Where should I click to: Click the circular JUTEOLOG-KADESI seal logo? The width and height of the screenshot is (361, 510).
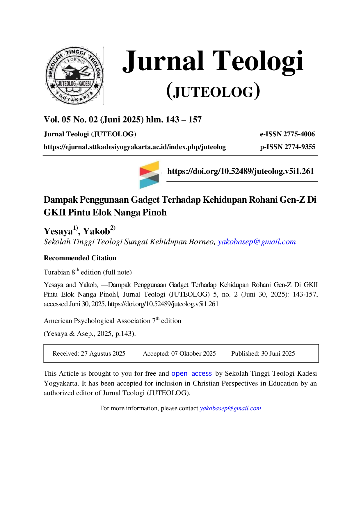click(x=74, y=76)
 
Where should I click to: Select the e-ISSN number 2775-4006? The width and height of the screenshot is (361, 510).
click(x=299, y=134)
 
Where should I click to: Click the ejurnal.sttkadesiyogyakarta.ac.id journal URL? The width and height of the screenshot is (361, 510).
click(x=135, y=147)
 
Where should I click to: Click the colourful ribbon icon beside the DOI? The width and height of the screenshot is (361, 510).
click(x=149, y=175)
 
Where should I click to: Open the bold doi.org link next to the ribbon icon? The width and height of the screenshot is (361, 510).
click(x=241, y=171)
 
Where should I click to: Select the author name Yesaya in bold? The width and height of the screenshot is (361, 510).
click(x=58, y=231)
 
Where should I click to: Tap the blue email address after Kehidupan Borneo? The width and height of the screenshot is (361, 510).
click(x=257, y=242)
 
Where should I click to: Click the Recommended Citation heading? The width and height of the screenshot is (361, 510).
click(x=80, y=258)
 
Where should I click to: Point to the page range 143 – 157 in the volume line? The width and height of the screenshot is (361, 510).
click(x=184, y=120)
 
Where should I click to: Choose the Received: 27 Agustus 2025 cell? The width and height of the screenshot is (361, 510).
click(x=89, y=354)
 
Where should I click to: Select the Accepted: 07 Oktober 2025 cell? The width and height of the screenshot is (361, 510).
click(x=179, y=354)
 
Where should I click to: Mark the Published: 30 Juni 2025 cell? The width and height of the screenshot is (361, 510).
click(x=271, y=354)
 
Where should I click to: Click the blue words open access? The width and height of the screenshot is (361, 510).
click(x=192, y=374)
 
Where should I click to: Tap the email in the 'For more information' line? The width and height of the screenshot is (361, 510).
click(x=230, y=408)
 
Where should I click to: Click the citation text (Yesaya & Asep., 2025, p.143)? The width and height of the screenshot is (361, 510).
click(x=90, y=334)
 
